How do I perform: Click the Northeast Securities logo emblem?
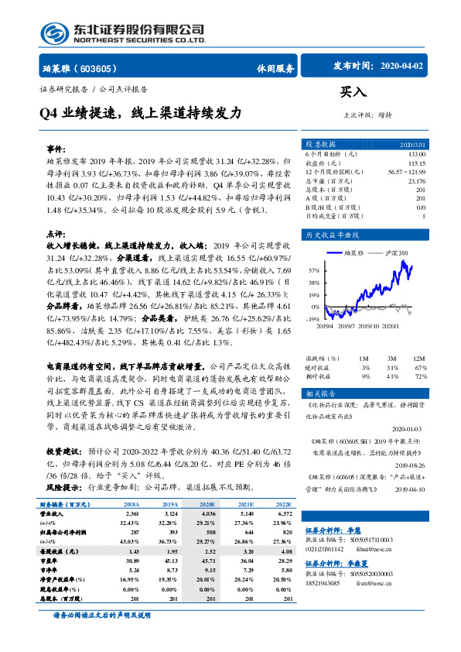pos(55,33)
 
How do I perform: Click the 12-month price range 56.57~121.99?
pos(407,173)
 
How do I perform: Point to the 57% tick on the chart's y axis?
pos(313,271)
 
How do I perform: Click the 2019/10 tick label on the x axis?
pos(369,325)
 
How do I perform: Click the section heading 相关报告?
pos(319,393)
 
